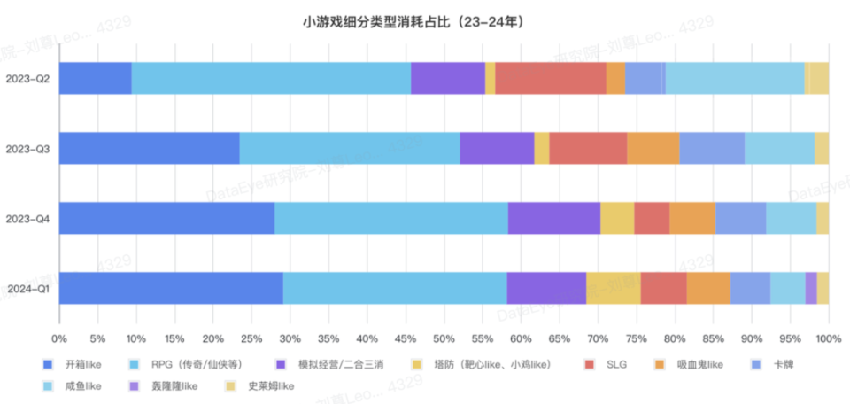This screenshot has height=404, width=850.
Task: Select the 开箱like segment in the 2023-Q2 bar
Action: [96, 79]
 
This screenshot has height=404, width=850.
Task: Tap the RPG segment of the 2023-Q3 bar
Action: [349, 148]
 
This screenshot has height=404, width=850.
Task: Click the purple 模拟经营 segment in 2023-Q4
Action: [554, 218]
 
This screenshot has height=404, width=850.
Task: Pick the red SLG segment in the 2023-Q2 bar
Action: [551, 79]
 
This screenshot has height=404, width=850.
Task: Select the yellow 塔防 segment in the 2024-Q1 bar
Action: [613, 288]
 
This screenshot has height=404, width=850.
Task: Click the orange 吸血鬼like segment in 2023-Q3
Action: [653, 148]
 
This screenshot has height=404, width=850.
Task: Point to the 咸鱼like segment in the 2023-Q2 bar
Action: [735, 79]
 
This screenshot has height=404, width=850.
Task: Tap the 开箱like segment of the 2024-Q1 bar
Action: [171, 288]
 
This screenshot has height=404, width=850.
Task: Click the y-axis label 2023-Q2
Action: [27, 79]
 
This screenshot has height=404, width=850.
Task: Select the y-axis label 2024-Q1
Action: [27, 288]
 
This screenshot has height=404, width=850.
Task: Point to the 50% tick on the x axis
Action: [444, 338]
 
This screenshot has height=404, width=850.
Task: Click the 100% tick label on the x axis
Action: [828, 338]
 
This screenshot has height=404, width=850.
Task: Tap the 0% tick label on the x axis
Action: [59, 338]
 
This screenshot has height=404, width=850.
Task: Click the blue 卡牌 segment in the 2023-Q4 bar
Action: [740, 218]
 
